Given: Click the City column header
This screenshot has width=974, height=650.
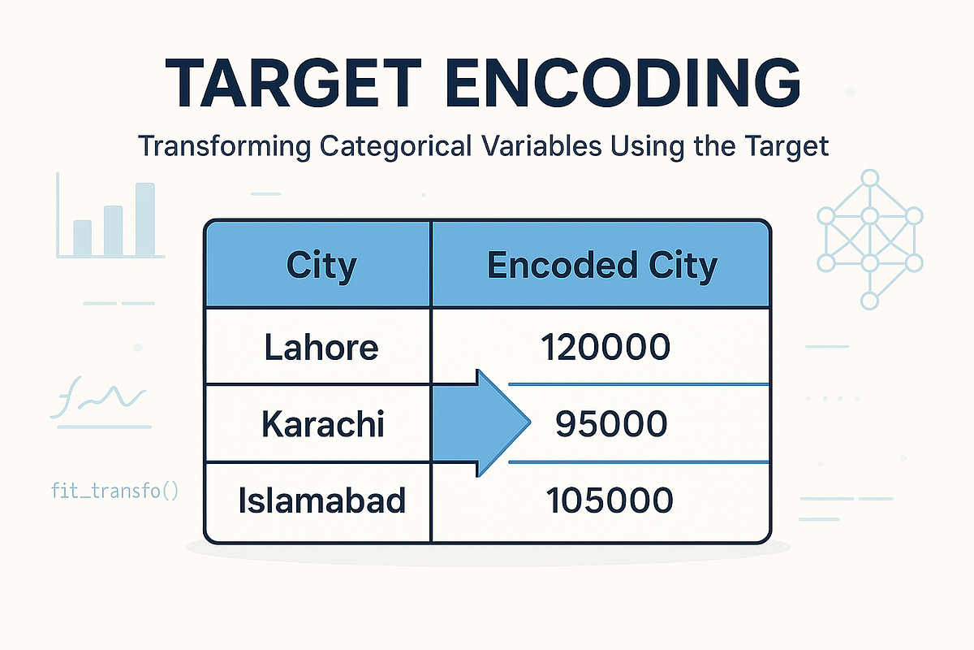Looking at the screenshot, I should [x=321, y=266].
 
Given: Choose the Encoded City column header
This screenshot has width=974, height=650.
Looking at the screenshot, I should [x=601, y=266].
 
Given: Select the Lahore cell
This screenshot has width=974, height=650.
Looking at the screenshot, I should [x=321, y=348].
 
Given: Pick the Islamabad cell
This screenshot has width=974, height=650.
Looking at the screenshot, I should [x=322, y=500].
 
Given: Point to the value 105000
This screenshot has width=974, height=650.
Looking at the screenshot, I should [x=609, y=500].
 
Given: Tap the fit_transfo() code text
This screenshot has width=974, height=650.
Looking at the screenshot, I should [x=114, y=491].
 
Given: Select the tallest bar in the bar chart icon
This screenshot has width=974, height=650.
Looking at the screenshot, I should [x=144, y=219].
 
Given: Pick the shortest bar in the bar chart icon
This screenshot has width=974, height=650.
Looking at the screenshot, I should [x=83, y=237].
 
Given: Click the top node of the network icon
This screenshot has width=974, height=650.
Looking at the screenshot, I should [x=870, y=178].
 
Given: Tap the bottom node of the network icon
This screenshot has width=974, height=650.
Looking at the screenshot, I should [x=870, y=301].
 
